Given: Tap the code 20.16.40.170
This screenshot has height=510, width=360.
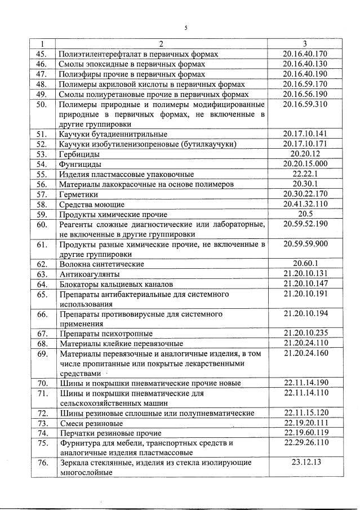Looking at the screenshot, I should pos(305,54).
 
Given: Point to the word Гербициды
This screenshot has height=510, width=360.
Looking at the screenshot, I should pos(80,154).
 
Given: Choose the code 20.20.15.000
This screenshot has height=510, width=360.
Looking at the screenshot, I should pos(305,164).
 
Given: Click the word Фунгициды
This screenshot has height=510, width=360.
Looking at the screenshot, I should pos(80,164).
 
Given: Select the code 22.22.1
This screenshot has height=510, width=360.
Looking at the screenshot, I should pos(305,174).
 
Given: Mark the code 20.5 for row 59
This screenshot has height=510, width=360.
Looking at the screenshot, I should pos(305,214).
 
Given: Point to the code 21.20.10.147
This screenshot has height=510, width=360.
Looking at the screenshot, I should pos(305,283).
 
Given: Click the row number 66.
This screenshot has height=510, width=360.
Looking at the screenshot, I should pos(41,314).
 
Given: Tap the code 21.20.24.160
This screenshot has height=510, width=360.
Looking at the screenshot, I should pos(305,353).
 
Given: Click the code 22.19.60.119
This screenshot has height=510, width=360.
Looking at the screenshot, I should pos(305,433).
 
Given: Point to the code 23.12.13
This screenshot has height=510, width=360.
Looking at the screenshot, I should pos(305,463).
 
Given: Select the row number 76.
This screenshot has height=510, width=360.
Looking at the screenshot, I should pos(41,463).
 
